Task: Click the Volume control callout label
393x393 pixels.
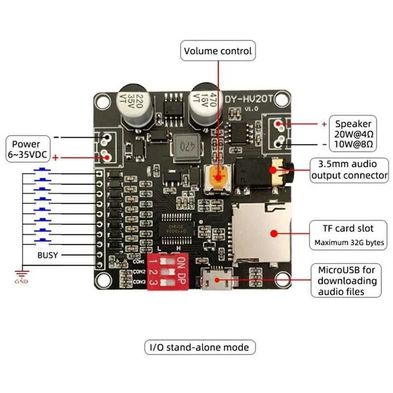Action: point(218,51)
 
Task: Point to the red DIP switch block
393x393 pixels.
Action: point(168,271)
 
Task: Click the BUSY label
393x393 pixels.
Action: point(47,255)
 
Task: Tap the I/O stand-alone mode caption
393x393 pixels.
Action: point(200,348)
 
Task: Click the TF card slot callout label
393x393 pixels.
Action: point(348,234)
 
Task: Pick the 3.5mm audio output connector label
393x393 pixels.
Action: point(349,170)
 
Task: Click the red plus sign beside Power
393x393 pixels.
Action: point(55,157)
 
